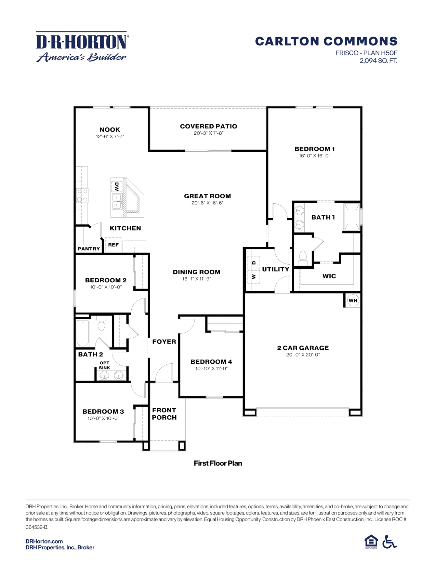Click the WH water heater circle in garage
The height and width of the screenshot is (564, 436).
353,300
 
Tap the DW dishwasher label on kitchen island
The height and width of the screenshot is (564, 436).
117,187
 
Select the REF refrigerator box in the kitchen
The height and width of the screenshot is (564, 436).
113,245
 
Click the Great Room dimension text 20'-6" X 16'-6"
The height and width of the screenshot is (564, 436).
207,203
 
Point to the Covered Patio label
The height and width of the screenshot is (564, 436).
208,126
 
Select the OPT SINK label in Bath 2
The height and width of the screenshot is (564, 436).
104,365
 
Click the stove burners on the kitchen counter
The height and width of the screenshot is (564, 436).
82,195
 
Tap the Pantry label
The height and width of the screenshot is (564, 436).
89,249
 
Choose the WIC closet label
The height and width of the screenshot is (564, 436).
329,276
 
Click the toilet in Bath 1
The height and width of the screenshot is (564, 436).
303,257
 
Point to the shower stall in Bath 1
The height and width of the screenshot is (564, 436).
352,217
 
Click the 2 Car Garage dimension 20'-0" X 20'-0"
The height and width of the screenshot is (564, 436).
303,355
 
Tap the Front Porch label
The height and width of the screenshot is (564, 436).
164,414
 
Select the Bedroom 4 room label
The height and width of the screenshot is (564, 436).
211,361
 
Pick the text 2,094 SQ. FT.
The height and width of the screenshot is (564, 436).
378,61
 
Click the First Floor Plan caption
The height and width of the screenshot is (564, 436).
218,463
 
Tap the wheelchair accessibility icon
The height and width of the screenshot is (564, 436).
389,542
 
